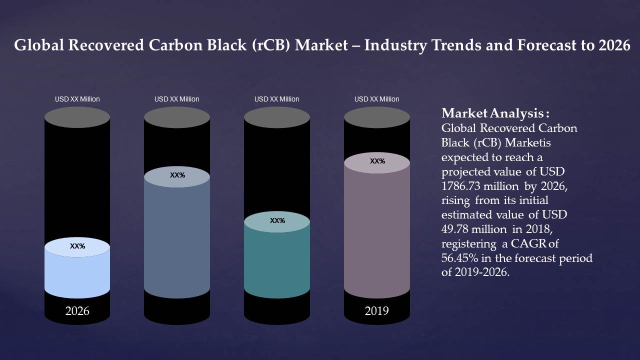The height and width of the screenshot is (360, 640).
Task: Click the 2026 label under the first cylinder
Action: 77,311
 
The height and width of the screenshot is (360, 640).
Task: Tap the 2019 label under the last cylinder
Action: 376,311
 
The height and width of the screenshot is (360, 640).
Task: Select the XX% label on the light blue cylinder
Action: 77,246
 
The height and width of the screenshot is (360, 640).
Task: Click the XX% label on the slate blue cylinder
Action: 177,175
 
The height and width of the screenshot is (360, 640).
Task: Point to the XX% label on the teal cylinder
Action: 277,220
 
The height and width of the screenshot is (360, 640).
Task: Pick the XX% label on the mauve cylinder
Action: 377,161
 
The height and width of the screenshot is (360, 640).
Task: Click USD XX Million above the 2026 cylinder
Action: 77,99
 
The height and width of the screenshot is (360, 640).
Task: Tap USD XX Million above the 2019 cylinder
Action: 377,99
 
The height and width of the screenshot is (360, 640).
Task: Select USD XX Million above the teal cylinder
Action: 277,99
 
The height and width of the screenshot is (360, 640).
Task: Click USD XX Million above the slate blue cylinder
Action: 177,99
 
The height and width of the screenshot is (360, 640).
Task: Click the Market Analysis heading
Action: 495,112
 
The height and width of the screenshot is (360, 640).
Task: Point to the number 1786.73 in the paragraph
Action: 459,186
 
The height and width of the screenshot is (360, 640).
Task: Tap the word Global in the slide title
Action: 38,45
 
